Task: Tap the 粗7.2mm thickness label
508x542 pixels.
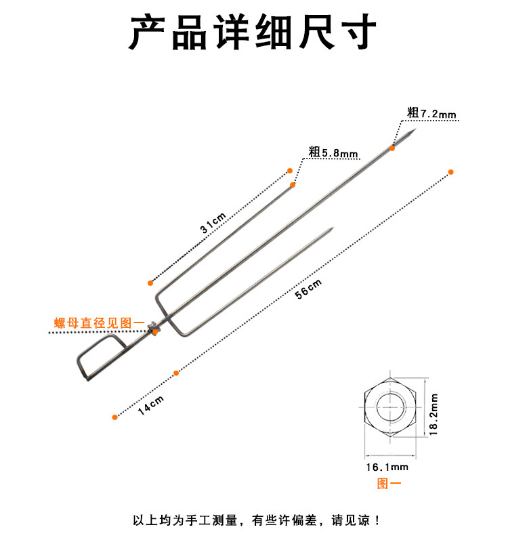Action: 432,113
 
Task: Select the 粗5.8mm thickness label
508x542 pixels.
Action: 333,152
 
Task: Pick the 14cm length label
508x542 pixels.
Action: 150,406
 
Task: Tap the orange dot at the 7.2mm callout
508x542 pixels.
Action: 392,147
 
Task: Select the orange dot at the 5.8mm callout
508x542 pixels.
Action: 293,184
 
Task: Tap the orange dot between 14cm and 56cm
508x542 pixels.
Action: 176,373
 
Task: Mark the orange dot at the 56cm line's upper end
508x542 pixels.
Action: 450,172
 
